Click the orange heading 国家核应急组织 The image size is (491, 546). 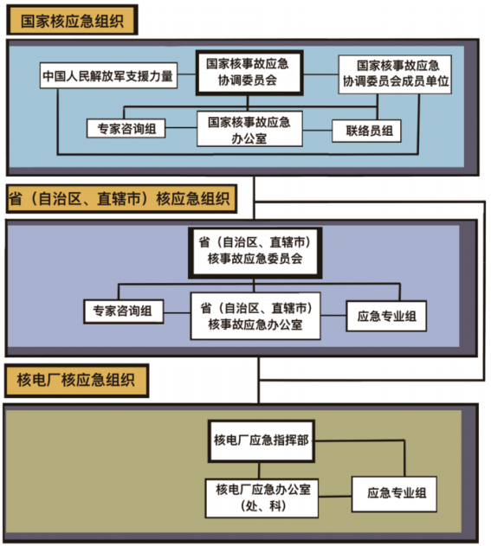pyautogui.click(x=72, y=20)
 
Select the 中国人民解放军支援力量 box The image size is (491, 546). pyautogui.click(x=108, y=75)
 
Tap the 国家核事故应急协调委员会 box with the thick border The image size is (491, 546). pyautogui.click(x=249, y=73)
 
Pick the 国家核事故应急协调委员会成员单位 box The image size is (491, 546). pyautogui.click(x=395, y=74)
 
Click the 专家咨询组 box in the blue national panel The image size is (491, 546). pyautogui.click(x=126, y=128)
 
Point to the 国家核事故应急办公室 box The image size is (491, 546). pyautogui.click(x=249, y=129)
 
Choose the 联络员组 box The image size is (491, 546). pyautogui.click(x=366, y=131)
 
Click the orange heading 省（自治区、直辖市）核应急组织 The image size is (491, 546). pyautogui.click(x=121, y=198)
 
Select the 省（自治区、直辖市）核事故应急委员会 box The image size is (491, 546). pyautogui.click(x=255, y=253)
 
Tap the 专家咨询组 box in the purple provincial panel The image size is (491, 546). pyautogui.click(x=123, y=312)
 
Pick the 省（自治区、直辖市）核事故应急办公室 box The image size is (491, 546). pyautogui.click(x=255, y=316)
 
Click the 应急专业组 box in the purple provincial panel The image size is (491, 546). pyautogui.click(x=386, y=316)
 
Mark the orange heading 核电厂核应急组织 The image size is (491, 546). pyautogui.click(x=77, y=380)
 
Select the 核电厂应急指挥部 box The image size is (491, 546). pyautogui.click(x=262, y=440)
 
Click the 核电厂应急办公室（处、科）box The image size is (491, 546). pyautogui.click(x=262, y=498)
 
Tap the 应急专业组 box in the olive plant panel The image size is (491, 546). pyautogui.click(x=394, y=494)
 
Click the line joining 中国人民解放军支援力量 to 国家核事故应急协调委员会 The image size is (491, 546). pyautogui.click(x=187, y=74)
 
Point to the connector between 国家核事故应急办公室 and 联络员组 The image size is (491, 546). pyautogui.click(x=317, y=131)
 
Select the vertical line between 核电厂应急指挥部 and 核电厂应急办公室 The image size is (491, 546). pyautogui.click(x=259, y=471)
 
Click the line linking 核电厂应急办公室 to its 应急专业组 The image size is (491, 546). pyautogui.click(x=335, y=496)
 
